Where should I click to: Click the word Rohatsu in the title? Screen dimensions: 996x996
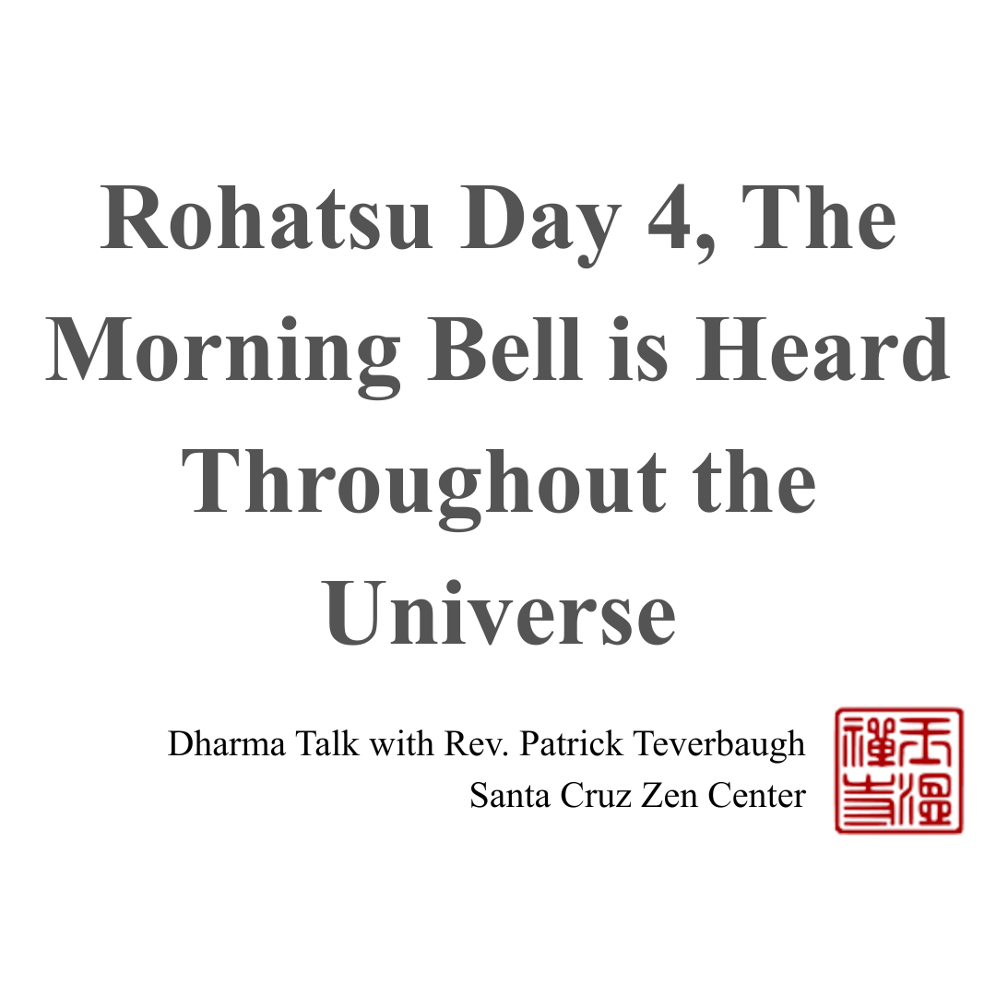(267, 219)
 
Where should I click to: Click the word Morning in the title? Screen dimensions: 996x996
(224, 350)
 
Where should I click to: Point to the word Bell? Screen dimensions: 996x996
(505, 350)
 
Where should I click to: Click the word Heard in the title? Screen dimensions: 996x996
(823, 350)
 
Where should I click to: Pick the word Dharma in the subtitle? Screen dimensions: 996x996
(227, 744)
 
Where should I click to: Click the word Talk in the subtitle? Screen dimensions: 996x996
(327, 744)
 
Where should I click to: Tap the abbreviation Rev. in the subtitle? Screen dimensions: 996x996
(477, 744)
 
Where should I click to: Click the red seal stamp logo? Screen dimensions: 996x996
(898, 771)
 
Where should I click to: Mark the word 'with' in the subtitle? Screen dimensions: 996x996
(402, 744)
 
